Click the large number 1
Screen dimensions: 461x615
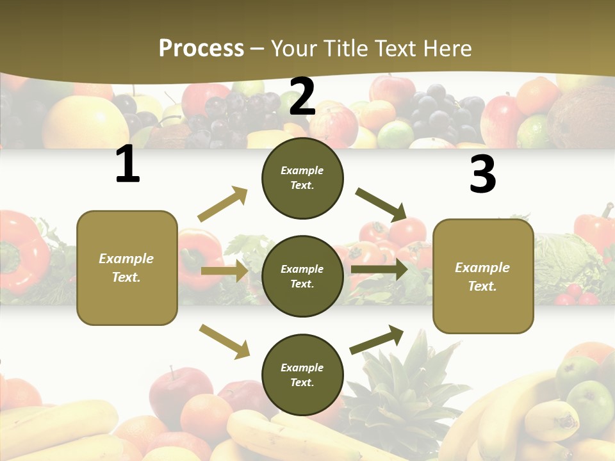pyautogui.click(x=127, y=165)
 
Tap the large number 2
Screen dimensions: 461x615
pyautogui.click(x=302, y=96)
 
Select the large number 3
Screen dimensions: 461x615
pyautogui.click(x=482, y=174)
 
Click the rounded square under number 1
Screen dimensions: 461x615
pyautogui.click(x=127, y=268)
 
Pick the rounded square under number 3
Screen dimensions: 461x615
pyautogui.click(x=483, y=276)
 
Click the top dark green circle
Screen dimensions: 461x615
pyautogui.click(x=302, y=178)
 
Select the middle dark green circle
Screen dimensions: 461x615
pyautogui.click(x=302, y=276)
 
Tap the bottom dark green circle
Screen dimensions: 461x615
pyautogui.click(x=302, y=375)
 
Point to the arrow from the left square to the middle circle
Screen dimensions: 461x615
pyautogui.click(x=225, y=271)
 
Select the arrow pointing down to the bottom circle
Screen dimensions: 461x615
pyautogui.click(x=224, y=341)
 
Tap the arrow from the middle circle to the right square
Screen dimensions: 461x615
pyautogui.click(x=379, y=269)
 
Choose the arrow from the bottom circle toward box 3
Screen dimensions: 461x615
pyautogui.click(x=377, y=339)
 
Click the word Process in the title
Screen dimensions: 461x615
pyautogui.click(x=201, y=48)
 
